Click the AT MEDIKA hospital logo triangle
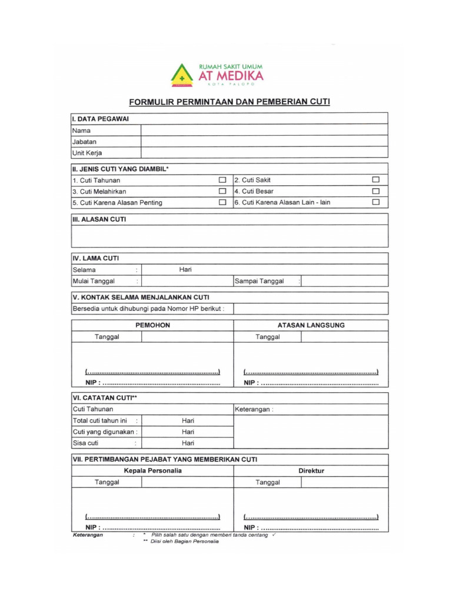click(x=182, y=75)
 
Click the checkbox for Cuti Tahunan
click(x=222, y=180)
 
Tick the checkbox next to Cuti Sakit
click(x=375, y=180)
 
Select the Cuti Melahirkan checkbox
click(x=222, y=191)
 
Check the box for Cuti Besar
click(x=375, y=191)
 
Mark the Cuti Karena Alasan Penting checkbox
click(x=222, y=202)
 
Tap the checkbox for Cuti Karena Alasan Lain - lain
click(x=375, y=202)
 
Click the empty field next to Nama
click(x=264, y=131)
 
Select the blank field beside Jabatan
click(x=264, y=142)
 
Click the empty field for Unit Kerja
click(x=264, y=153)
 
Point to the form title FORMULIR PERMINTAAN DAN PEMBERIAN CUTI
click(x=230, y=102)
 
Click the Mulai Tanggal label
click(x=94, y=281)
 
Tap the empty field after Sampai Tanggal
click(x=344, y=281)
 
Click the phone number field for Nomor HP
click(x=311, y=309)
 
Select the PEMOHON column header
click(x=152, y=325)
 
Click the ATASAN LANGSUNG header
click(x=311, y=325)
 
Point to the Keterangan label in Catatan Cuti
click(x=254, y=409)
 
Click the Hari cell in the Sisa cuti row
click(x=188, y=443)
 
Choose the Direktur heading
click(x=311, y=471)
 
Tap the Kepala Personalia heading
click(x=152, y=471)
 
